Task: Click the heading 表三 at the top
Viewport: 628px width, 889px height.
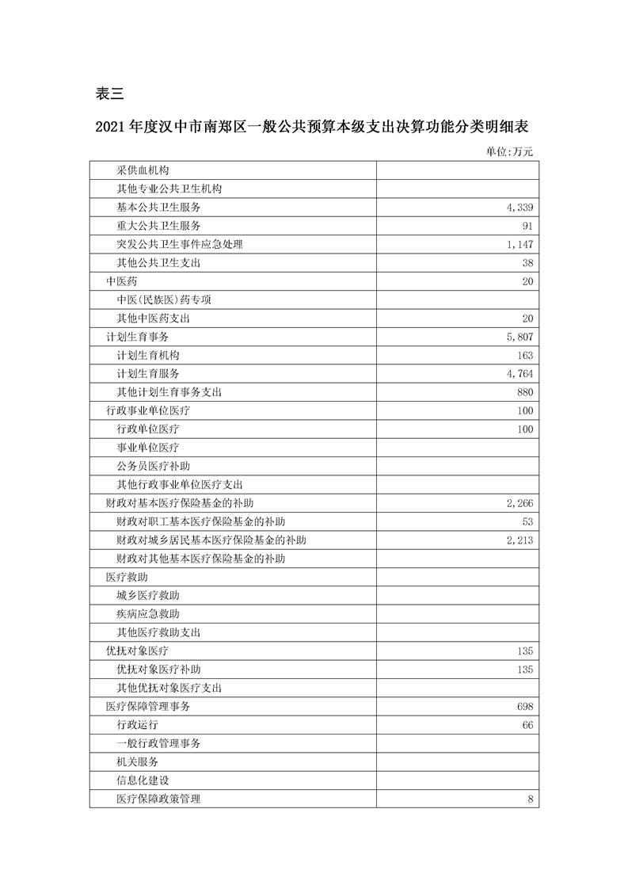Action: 109,93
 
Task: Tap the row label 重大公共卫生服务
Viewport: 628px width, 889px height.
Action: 158,226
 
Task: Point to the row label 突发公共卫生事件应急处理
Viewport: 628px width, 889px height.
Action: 179,244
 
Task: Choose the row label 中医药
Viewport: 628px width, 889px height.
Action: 124,281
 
